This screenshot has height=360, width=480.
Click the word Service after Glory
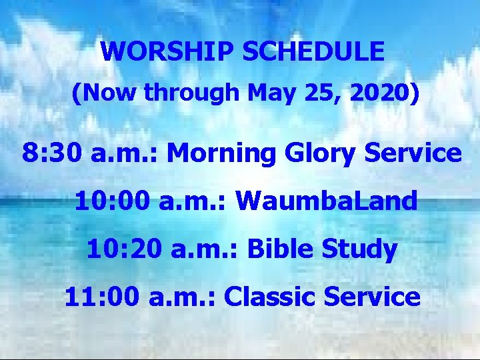click(x=416, y=153)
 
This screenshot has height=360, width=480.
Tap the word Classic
click(x=271, y=297)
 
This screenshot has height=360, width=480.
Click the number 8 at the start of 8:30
click(x=31, y=153)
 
